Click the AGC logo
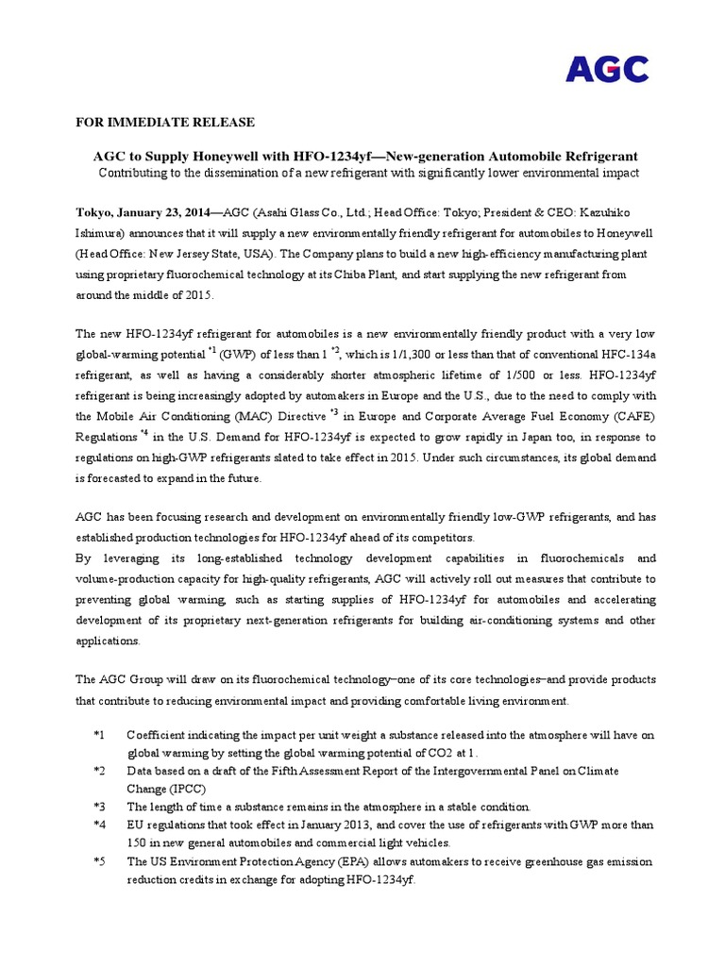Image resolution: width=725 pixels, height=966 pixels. [607, 69]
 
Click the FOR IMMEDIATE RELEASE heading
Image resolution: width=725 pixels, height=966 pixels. [165, 124]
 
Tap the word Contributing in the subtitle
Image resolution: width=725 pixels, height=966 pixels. [135, 174]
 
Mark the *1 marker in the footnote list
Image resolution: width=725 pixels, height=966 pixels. [100, 735]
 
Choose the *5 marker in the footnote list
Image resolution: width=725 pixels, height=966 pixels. [100, 862]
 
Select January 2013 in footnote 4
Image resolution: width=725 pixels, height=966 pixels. [327, 825]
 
